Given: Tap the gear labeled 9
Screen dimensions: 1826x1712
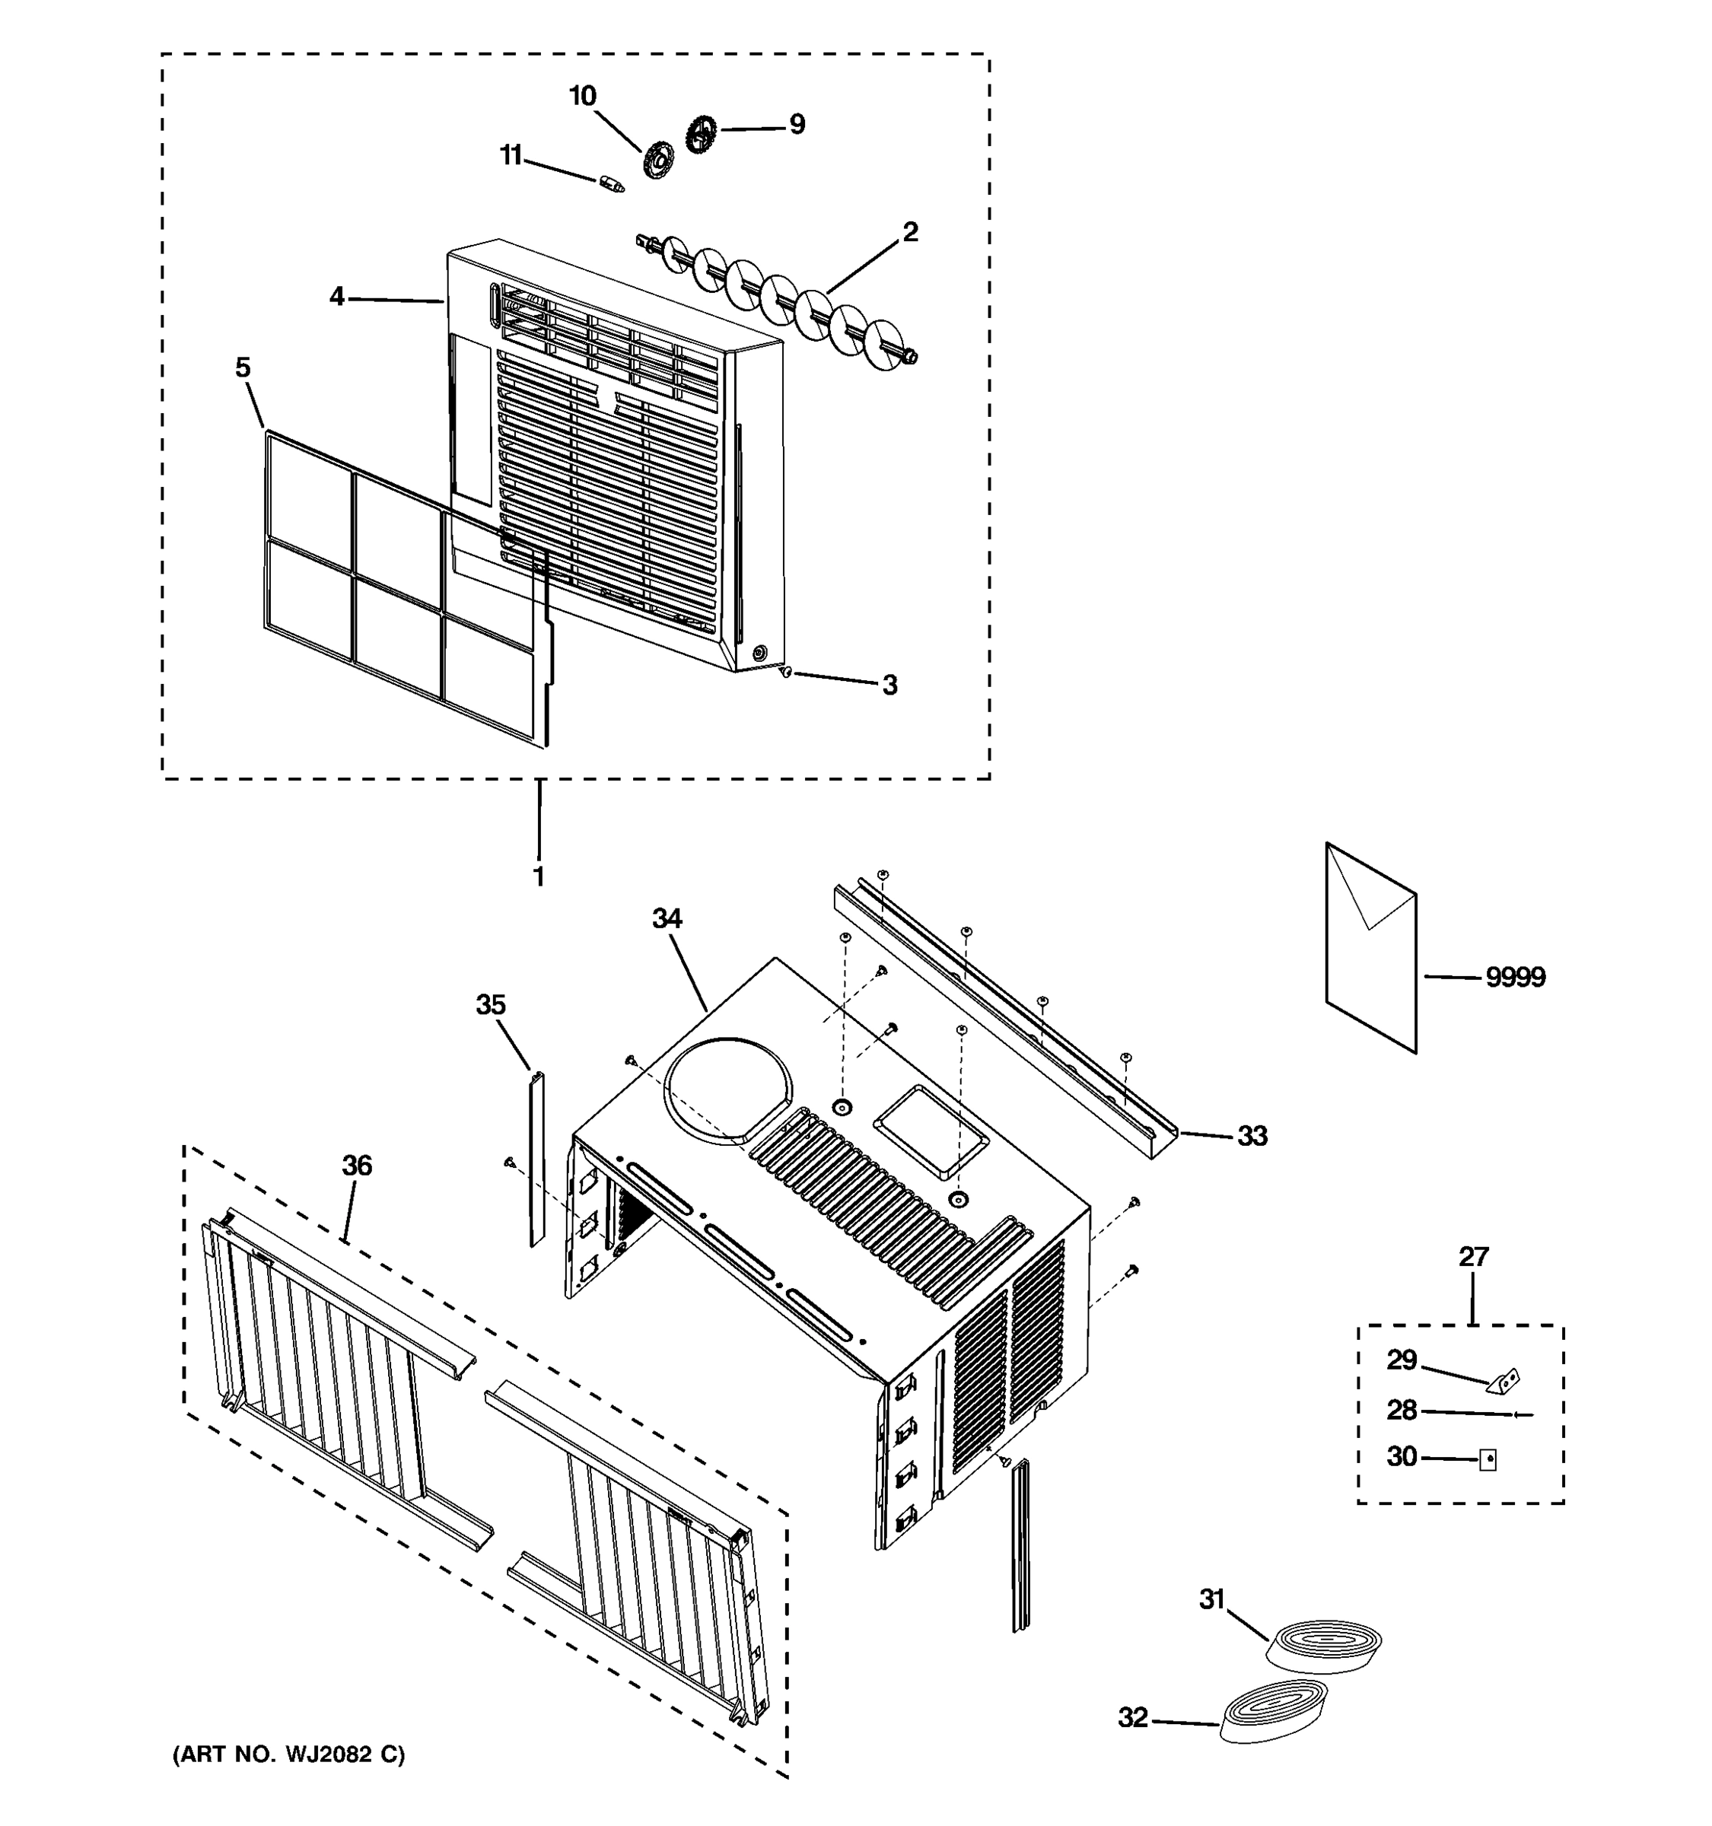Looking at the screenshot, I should click(701, 134).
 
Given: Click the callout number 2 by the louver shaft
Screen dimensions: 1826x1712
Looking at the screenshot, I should click(909, 231).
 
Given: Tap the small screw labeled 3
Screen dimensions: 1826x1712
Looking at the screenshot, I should click(784, 673).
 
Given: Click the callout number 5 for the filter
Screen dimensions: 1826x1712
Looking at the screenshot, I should click(243, 367).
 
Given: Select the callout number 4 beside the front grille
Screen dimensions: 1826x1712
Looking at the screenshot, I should click(337, 296).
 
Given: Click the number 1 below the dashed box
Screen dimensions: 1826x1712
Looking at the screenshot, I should click(538, 876).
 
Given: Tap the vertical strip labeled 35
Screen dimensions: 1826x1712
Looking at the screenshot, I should click(536, 1157).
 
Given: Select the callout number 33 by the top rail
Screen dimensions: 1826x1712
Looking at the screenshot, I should click(1252, 1136).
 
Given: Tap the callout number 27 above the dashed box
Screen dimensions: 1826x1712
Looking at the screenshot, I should click(1473, 1257).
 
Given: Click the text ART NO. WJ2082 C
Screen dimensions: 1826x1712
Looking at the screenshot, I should click(289, 1754).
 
